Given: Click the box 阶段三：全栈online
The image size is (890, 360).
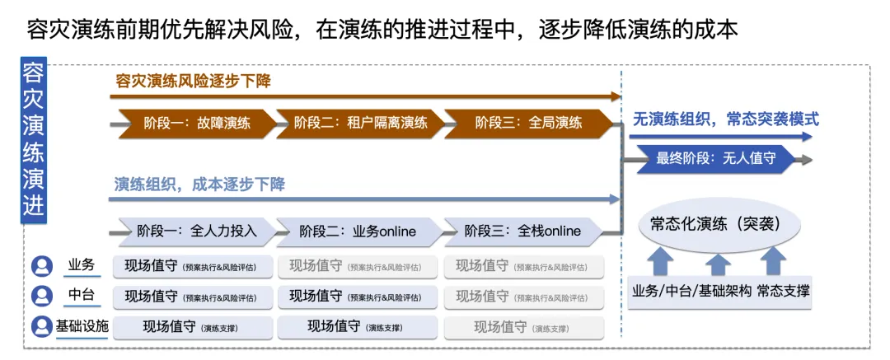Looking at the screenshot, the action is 523,231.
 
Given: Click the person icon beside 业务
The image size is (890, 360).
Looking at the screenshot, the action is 41,266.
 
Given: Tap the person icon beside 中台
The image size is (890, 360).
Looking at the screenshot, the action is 41,296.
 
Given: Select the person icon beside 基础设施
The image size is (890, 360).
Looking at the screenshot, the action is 41,327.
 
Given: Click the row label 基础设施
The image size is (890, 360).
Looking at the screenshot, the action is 82,326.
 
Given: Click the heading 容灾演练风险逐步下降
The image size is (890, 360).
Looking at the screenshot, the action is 193,82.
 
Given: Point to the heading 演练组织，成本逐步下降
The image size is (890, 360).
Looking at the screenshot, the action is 199,185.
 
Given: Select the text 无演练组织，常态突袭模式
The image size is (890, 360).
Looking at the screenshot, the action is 726,119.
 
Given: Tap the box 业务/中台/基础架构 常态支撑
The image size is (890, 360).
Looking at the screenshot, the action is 720,292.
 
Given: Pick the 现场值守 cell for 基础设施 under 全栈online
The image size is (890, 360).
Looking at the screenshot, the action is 524,328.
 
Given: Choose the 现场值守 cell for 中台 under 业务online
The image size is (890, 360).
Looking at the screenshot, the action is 357,297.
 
